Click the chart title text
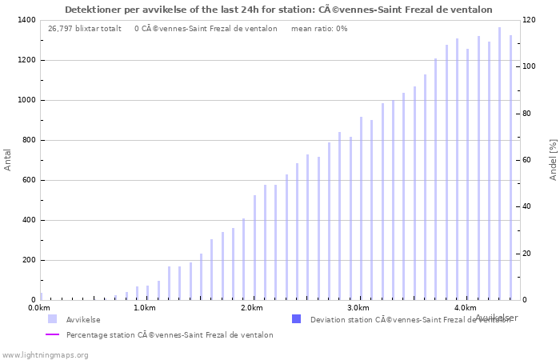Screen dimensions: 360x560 coord(278,10)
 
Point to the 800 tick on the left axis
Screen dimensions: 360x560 coord(27,140)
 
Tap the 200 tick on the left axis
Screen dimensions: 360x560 coord(27,260)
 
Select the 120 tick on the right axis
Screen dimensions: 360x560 coord(530,20)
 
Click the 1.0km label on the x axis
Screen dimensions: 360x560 coord(144,308)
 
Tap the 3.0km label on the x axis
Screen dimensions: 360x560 coord(358,308)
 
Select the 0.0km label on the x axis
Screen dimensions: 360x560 coord(39,308)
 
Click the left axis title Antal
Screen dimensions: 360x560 coord(8,159)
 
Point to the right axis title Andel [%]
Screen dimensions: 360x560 coord(553,159)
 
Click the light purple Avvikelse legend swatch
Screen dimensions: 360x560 coord(52,319)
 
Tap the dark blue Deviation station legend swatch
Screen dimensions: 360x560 coord(297,319)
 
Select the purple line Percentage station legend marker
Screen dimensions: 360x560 coord(52,335)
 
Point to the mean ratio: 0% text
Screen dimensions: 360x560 coord(319,29)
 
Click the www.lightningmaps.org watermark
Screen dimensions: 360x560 coord(46,354)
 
